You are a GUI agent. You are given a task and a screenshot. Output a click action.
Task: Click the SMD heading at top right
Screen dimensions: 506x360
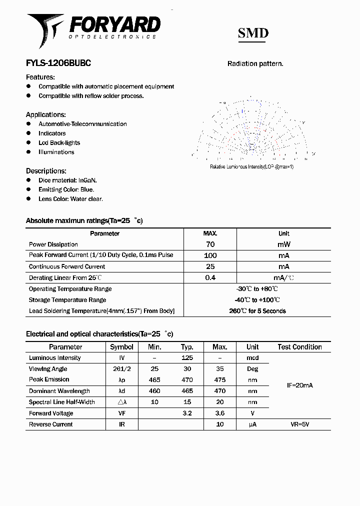click(x=253, y=33)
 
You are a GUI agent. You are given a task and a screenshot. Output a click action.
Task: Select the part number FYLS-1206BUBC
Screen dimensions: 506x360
click(x=58, y=63)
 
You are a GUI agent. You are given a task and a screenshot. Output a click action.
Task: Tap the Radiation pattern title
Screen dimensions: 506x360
click(x=255, y=63)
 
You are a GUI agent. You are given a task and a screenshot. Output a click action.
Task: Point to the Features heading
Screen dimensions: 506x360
click(x=40, y=77)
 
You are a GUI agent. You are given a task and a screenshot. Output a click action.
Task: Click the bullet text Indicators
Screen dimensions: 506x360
click(x=52, y=133)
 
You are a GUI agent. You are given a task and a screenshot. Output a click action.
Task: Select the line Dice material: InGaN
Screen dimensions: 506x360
click(x=67, y=180)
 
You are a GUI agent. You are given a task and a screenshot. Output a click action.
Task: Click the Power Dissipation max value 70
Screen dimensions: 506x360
click(x=210, y=244)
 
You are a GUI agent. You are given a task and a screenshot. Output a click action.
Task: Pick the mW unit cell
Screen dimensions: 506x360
click(x=283, y=244)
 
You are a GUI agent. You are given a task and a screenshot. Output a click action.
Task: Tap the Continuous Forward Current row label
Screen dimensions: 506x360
click(x=67, y=266)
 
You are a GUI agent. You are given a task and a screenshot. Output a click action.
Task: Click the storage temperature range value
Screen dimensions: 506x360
click(x=257, y=300)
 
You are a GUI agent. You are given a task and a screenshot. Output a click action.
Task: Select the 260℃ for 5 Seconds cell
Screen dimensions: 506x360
click(x=257, y=311)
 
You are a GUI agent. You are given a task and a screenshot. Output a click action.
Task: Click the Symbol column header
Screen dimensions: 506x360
click(x=121, y=346)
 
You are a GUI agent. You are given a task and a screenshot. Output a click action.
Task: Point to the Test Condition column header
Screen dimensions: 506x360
click(x=299, y=346)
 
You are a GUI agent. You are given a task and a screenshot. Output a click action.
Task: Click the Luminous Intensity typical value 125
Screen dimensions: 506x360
click(x=187, y=357)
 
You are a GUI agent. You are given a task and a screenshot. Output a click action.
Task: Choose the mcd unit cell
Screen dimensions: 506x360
click(x=252, y=357)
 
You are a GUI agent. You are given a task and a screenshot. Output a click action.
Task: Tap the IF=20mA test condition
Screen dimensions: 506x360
click(x=299, y=385)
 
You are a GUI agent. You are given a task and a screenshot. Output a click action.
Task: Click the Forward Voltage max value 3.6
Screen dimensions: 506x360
click(x=219, y=413)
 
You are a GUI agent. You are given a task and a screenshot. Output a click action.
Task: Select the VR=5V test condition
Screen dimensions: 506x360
click(x=299, y=424)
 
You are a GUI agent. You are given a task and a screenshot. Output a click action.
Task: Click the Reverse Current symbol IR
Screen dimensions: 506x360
click(x=121, y=424)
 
